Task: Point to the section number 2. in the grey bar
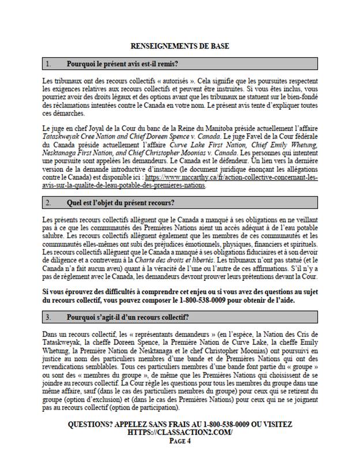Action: pos(48,203)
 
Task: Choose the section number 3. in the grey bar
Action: pos(48,318)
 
